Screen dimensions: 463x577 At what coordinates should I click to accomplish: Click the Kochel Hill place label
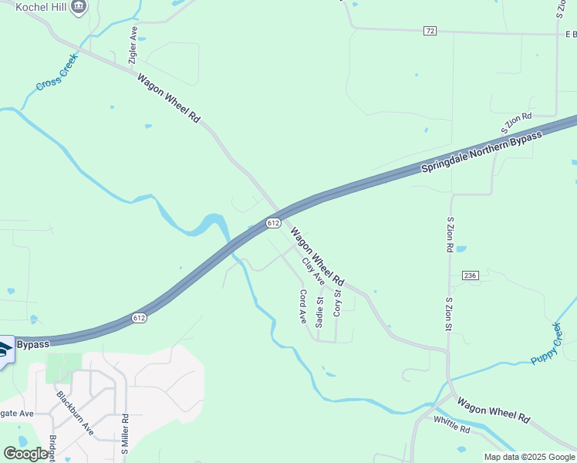pyautogui.click(x=32, y=7)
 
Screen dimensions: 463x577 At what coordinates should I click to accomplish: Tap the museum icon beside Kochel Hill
pyautogui.click(x=78, y=7)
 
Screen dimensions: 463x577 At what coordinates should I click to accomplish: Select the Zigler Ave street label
pyautogui.click(x=133, y=45)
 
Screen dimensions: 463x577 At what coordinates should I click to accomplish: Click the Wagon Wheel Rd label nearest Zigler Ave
pyautogui.click(x=169, y=98)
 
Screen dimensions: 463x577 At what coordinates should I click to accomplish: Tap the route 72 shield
pyautogui.click(x=430, y=30)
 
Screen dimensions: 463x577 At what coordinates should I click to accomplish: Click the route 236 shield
pyautogui.click(x=471, y=275)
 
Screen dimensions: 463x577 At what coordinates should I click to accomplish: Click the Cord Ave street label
pyautogui.click(x=302, y=305)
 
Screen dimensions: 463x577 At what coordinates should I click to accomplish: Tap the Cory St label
pyautogui.click(x=337, y=303)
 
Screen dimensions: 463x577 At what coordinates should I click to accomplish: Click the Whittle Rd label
pyautogui.click(x=451, y=424)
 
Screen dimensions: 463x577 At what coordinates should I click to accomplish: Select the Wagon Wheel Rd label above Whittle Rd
pyautogui.click(x=493, y=408)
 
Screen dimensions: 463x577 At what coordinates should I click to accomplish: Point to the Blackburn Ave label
pyautogui.click(x=74, y=413)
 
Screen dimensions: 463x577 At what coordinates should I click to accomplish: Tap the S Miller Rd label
pyautogui.click(x=124, y=434)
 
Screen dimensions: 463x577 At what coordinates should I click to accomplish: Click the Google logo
pyautogui.click(x=25, y=454)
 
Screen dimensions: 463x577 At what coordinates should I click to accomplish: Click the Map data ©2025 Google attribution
pyautogui.click(x=529, y=457)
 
